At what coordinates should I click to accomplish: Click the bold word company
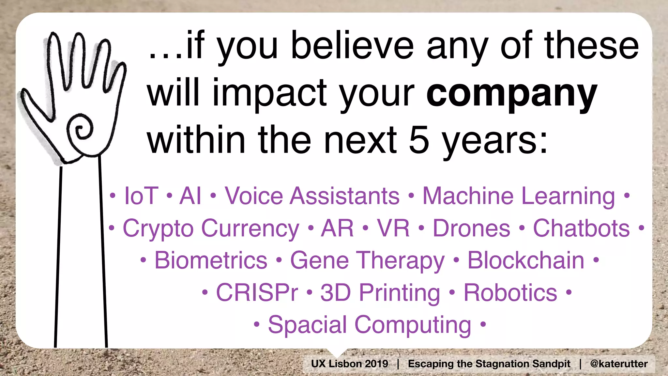coord(511,95)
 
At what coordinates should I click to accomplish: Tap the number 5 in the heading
coord(419,140)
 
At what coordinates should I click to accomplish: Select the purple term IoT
coord(141,196)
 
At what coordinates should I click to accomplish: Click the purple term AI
coord(190,196)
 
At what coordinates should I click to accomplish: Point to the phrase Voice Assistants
coord(312,196)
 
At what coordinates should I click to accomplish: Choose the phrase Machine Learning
coord(519,196)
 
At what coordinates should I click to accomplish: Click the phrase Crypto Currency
coord(211,228)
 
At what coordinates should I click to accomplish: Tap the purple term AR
coord(337,228)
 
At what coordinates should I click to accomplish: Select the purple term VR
coord(393,228)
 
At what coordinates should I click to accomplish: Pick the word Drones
coord(471,228)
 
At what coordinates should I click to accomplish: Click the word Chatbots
coord(581,228)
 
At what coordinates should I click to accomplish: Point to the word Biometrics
coord(211,260)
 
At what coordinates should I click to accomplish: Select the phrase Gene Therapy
coord(367,260)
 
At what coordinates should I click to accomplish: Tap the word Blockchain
coord(526,260)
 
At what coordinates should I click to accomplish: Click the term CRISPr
coord(257,292)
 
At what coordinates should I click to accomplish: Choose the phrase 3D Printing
coord(380,292)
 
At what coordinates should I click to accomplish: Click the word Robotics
coord(510,292)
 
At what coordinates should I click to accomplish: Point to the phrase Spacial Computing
coord(370,325)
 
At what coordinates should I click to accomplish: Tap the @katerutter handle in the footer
coord(619,364)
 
